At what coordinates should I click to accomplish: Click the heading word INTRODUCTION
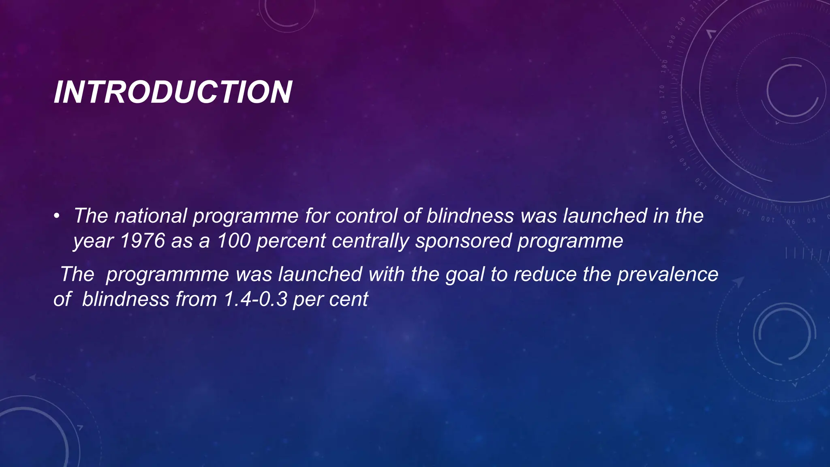173,92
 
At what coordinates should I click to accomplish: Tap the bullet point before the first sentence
57,216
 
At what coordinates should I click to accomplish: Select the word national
150,216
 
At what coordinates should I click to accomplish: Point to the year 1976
143,241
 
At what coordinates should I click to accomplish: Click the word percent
291,241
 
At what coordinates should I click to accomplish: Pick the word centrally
370,241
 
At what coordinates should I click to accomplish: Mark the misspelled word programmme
167,274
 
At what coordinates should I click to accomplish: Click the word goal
465,274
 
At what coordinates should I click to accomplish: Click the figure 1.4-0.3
255,300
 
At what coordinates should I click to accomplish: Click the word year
93,242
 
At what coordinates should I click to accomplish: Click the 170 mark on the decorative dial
662,92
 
